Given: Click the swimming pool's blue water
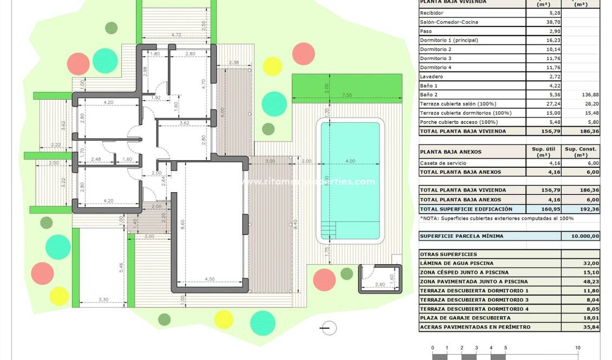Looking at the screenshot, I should point(350,162).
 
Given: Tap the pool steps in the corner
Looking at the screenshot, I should point(328,230).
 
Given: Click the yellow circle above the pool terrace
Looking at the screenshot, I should point(272,66).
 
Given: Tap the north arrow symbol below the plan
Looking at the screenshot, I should point(328,328).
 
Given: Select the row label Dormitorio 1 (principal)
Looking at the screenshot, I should point(449,40).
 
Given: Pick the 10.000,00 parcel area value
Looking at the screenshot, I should point(582,236).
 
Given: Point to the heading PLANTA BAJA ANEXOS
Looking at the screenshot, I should point(450,152).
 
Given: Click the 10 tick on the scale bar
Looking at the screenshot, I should point(578,348).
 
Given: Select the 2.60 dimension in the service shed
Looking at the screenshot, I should point(380,284).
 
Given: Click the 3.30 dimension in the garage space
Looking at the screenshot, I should point(103,300).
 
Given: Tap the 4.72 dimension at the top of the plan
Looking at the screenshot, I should point(176,35).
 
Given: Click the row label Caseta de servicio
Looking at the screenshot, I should point(442,163).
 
